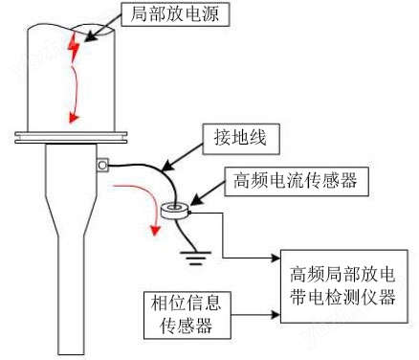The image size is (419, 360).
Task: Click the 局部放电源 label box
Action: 175,13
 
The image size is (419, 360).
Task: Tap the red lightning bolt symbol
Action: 74,48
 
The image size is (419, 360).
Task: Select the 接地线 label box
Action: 241,139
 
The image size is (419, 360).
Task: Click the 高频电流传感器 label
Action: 297,180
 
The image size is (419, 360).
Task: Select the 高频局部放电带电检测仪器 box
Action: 344,286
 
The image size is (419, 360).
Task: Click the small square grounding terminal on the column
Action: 102,166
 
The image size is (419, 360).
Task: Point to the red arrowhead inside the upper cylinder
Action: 74,118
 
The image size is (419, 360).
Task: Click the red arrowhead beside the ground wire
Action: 155,230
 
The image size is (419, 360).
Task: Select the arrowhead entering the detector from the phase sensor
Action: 276,314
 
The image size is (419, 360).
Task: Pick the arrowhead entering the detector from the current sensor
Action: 276,258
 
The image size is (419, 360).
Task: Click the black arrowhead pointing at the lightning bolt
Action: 90,36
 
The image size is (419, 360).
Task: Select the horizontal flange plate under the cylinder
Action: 71,137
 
